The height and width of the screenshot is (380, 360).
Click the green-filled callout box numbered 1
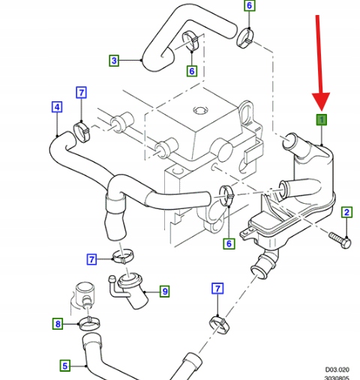tap(322, 120)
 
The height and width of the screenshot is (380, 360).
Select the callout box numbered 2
tap(346, 212)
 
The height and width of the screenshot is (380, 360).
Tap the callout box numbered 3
tap(114, 61)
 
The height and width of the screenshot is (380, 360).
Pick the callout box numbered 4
tap(57, 107)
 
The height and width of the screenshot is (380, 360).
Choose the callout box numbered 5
tap(65, 366)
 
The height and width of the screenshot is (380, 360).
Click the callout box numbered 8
tap(58, 324)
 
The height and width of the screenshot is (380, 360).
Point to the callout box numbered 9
tap(165, 292)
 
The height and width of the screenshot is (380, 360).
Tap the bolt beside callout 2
tap(340, 240)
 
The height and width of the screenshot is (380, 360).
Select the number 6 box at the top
tap(249, 5)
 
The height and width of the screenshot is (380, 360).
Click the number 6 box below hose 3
tap(192, 71)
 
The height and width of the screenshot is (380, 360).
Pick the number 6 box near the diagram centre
tap(229, 244)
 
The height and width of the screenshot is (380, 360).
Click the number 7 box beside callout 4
tap(81, 92)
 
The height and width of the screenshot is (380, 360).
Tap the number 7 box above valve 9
tap(91, 259)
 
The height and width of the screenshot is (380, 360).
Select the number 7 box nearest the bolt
tap(217, 289)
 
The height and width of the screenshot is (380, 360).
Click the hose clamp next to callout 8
tap(89, 323)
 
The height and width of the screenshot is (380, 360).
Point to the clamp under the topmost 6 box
tap(245, 38)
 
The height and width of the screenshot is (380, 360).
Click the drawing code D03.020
tap(337, 370)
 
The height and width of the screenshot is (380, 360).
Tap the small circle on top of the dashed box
tap(201, 110)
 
